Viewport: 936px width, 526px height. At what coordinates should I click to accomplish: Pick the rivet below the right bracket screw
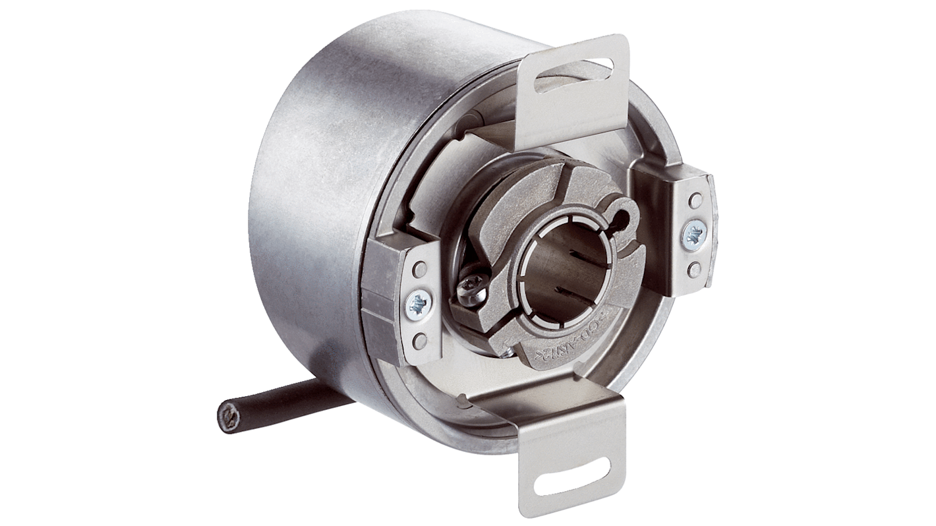(x=693, y=269)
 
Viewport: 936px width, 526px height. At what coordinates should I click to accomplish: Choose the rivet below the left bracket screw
(x=418, y=340)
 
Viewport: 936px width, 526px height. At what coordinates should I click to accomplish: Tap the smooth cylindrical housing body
(x=316, y=198)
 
